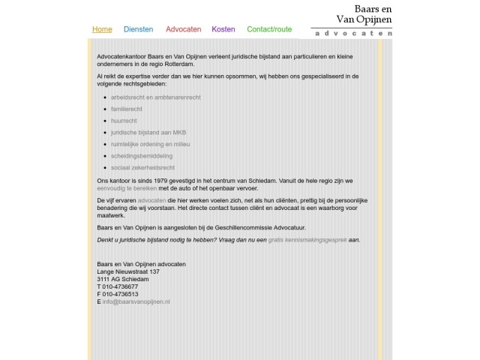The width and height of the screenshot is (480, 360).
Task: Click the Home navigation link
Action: (x=102, y=29)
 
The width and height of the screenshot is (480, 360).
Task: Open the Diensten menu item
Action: (x=138, y=29)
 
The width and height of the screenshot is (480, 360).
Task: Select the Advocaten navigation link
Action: (x=183, y=29)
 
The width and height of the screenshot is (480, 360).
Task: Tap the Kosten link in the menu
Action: (x=223, y=29)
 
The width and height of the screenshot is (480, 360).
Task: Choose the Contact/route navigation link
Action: (x=269, y=29)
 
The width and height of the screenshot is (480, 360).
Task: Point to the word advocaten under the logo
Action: (x=353, y=34)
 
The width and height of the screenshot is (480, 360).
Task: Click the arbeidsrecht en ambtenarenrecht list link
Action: (x=154, y=97)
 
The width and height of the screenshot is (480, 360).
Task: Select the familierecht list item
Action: (x=127, y=109)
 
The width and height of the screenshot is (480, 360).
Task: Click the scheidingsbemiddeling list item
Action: (x=142, y=155)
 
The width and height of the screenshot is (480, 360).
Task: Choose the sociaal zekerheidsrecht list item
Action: (x=142, y=167)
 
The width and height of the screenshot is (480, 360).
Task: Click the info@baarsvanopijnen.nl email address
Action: (x=136, y=301)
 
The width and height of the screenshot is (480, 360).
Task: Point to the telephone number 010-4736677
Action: (x=120, y=286)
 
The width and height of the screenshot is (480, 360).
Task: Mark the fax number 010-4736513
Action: (x=120, y=294)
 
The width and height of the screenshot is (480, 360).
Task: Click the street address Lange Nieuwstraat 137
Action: (x=128, y=271)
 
